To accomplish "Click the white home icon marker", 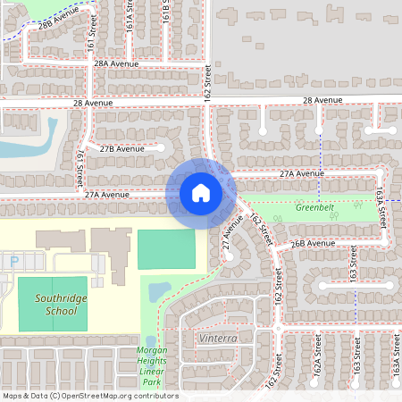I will tap(201, 192).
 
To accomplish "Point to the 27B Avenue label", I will tap(121, 148).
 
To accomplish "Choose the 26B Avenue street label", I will tap(313, 242).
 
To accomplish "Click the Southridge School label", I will tap(52, 306).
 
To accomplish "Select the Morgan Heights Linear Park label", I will tap(151, 366).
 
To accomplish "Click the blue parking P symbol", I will tap(14, 261).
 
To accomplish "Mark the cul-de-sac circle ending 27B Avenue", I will tap(163, 147).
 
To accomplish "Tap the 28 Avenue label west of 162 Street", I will tap(93, 104).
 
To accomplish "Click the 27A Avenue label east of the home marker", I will tap(300, 173).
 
